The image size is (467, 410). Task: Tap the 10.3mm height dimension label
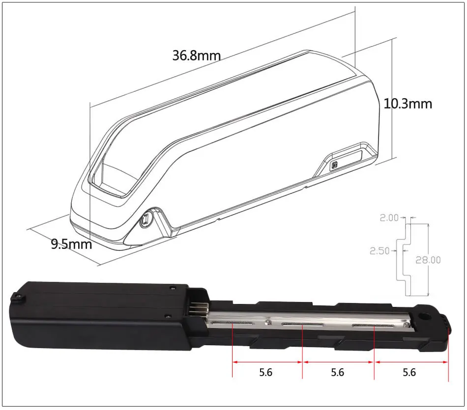click(408, 104)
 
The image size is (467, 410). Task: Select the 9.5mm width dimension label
click(72, 244)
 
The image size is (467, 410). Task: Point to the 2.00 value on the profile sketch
click(389, 218)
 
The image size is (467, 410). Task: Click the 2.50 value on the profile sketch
click(379, 251)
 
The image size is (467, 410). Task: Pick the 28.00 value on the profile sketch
click(428, 260)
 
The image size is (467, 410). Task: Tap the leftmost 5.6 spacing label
click(265, 373)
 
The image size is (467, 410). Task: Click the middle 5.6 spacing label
click(337, 373)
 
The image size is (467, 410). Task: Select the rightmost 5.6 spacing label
click(409, 373)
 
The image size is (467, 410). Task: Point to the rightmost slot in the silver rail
click(374, 326)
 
